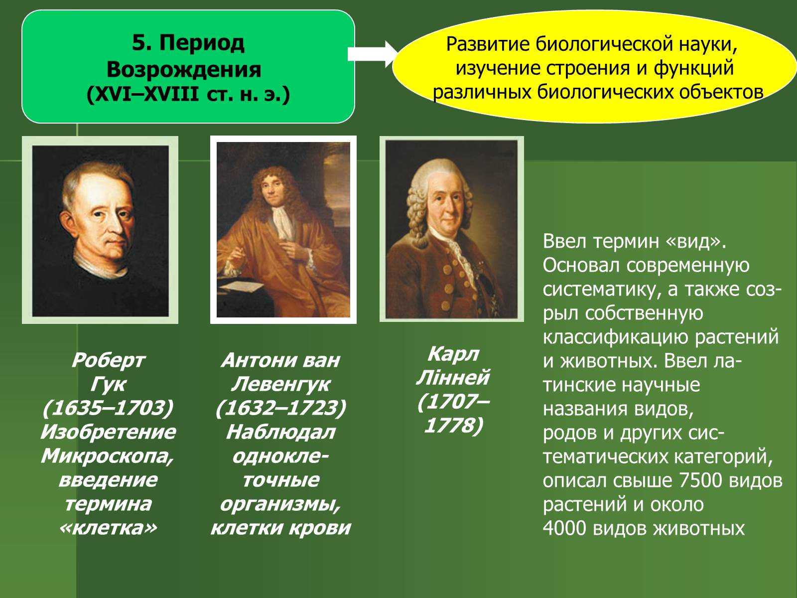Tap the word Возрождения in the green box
coord(184,69)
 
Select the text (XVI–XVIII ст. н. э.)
coord(188,95)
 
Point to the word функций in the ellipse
coord(693,68)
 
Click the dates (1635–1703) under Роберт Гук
coord(108,408)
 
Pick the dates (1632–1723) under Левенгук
coord(280,408)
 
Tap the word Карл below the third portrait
coord(453,354)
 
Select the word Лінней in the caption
coord(453,378)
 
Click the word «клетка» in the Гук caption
coord(108,528)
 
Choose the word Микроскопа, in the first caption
coord(108,456)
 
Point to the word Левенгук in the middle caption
coord(280,384)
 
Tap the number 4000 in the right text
coord(564,528)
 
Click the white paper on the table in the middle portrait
coord(242,286)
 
